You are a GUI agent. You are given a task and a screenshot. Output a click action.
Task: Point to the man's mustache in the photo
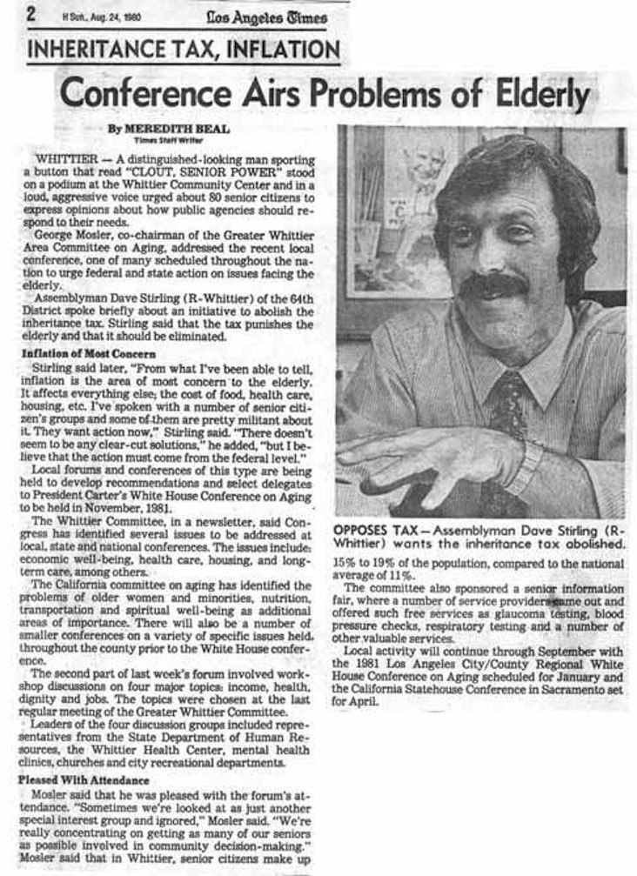pos(493,284)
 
